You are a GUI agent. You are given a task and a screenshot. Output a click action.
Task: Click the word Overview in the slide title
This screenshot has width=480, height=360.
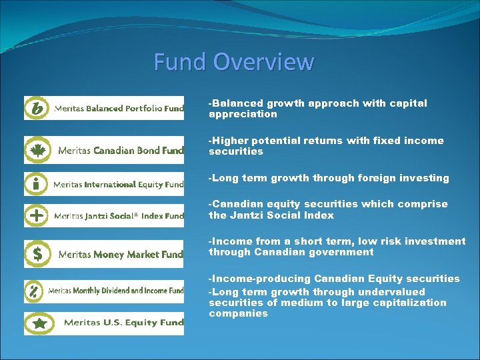264,62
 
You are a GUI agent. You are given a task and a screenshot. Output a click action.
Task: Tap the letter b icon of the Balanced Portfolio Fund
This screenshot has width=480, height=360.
37,108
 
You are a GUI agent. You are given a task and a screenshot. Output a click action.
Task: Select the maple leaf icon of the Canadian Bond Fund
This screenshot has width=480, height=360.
37,150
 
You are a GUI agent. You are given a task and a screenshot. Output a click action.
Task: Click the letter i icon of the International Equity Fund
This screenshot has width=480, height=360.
36,183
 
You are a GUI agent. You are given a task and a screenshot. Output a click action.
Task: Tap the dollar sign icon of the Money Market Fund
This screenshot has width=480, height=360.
37,254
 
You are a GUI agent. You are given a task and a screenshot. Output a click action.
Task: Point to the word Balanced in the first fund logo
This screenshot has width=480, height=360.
105,108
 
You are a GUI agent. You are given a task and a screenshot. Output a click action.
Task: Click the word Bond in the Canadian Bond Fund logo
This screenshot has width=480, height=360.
149,151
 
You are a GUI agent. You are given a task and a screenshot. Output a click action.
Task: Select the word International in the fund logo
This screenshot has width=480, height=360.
110,185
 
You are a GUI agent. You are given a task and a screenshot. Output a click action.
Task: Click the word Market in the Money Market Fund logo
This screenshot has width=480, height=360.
144,255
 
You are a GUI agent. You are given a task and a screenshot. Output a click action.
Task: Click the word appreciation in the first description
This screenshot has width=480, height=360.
243,114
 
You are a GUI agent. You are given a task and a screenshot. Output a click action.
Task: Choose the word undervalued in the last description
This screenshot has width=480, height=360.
391,292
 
